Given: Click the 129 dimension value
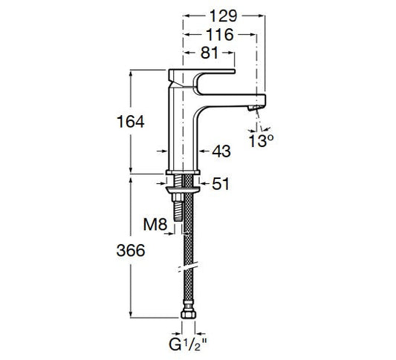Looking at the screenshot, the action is coord(224,16).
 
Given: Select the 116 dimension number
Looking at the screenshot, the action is coord(220,35).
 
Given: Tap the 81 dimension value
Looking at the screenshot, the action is coord(209,53).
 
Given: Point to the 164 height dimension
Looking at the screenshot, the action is coord(131,122).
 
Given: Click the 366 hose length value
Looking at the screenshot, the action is coord(131,250).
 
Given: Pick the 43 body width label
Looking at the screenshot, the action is coord(221,151).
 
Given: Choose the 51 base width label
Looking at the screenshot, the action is coord(221,183).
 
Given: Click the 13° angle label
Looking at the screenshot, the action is coord(261,141).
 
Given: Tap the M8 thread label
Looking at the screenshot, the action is coord(155,224).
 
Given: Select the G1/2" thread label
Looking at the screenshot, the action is coord(189,344).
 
